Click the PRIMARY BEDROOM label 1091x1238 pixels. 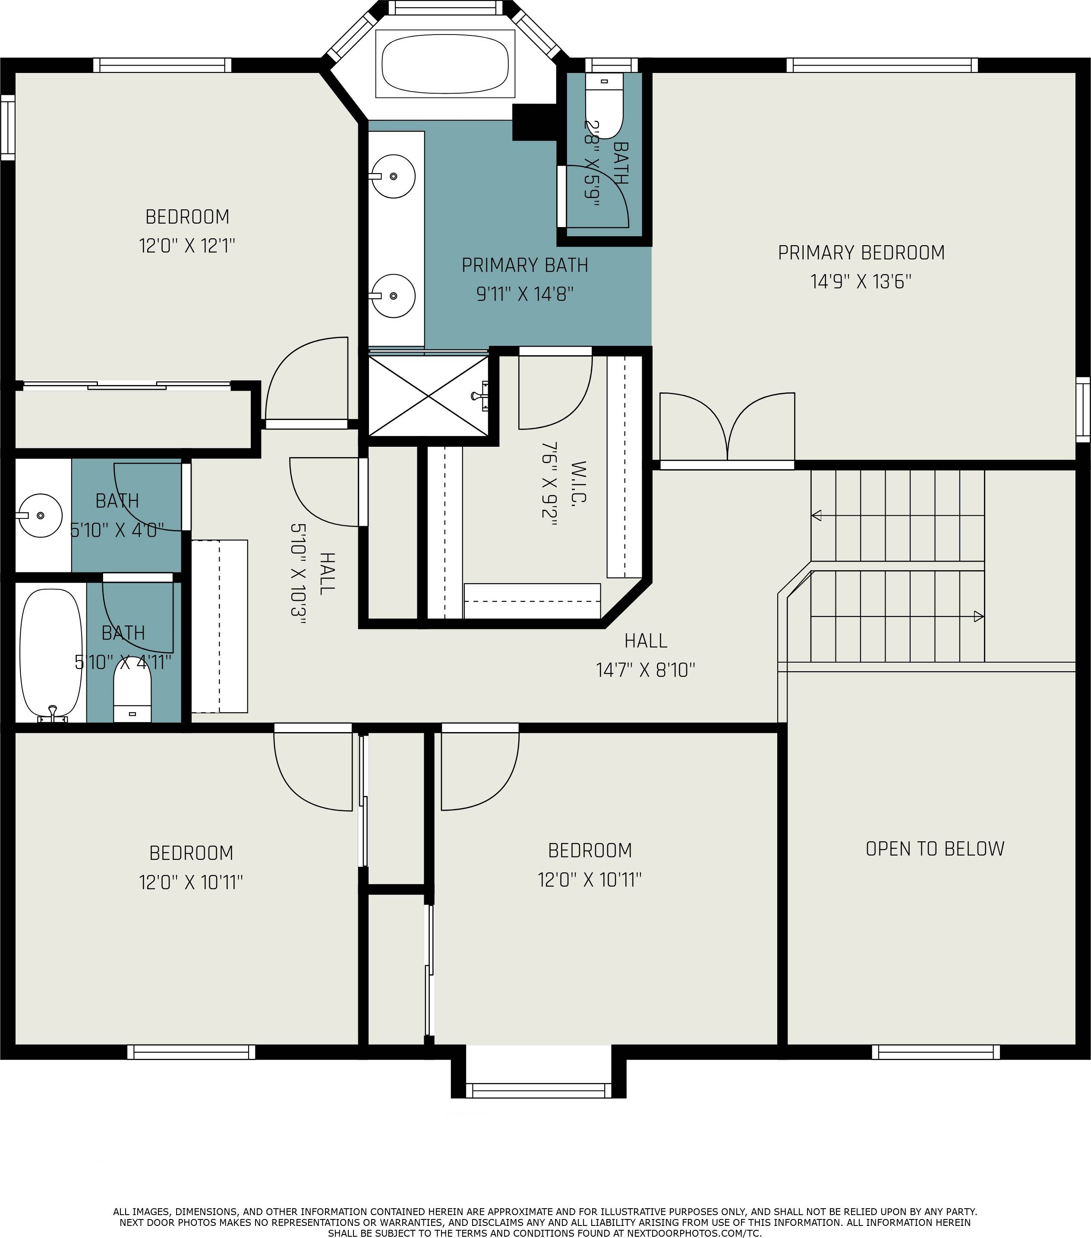point(861,253)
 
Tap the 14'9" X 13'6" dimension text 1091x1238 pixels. point(861,281)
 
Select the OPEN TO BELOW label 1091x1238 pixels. point(934,849)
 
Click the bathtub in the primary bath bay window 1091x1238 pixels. point(445,64)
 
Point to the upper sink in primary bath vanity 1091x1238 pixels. point(393,176)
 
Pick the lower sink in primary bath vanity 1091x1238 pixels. point(393,296)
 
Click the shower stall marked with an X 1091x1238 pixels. point(428,395)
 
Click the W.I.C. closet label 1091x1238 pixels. point(578,483)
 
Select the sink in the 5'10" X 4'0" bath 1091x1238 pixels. point(39,515)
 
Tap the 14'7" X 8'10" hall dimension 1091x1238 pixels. point(645,670)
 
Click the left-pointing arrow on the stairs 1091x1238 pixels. point(817,515)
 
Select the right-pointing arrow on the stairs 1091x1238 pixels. point(978,616)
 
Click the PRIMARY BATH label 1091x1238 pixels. point(524,265)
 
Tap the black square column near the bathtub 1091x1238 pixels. point(534,122)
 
